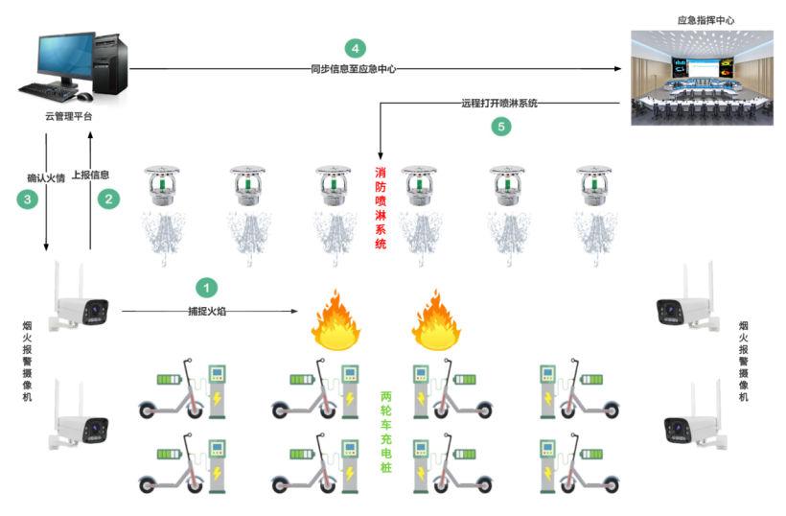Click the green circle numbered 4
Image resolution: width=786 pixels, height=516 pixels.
tap(355, 48)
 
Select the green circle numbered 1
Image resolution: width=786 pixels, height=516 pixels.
tap(205, 287)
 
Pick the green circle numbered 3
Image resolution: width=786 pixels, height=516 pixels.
tap(28, 199)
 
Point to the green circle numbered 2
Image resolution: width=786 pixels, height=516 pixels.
tap(109, 199)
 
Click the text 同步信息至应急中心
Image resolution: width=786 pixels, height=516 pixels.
tap(354, 69)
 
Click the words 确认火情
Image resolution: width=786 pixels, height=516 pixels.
tap(46, 177)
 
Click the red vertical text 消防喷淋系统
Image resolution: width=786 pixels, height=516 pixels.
tap(381, 208)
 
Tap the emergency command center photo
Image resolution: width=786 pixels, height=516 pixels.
tap(702, 77)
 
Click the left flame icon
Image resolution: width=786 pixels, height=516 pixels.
tap(335, 320)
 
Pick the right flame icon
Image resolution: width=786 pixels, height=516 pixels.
tap(438, 320)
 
